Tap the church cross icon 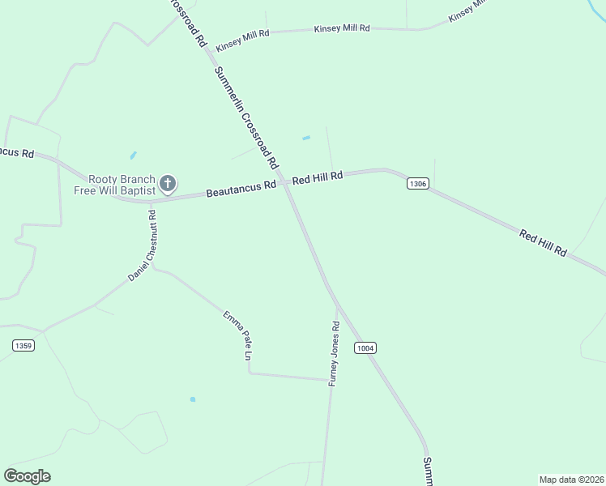168,184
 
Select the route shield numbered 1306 417,185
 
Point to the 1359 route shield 23,346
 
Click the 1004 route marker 365,347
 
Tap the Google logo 28,476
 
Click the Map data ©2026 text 571,479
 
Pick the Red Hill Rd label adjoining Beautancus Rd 318,177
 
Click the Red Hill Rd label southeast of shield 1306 543,243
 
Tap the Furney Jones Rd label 333,353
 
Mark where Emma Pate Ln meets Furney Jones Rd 328,379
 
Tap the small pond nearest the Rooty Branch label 133,155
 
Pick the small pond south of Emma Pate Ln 192,399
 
